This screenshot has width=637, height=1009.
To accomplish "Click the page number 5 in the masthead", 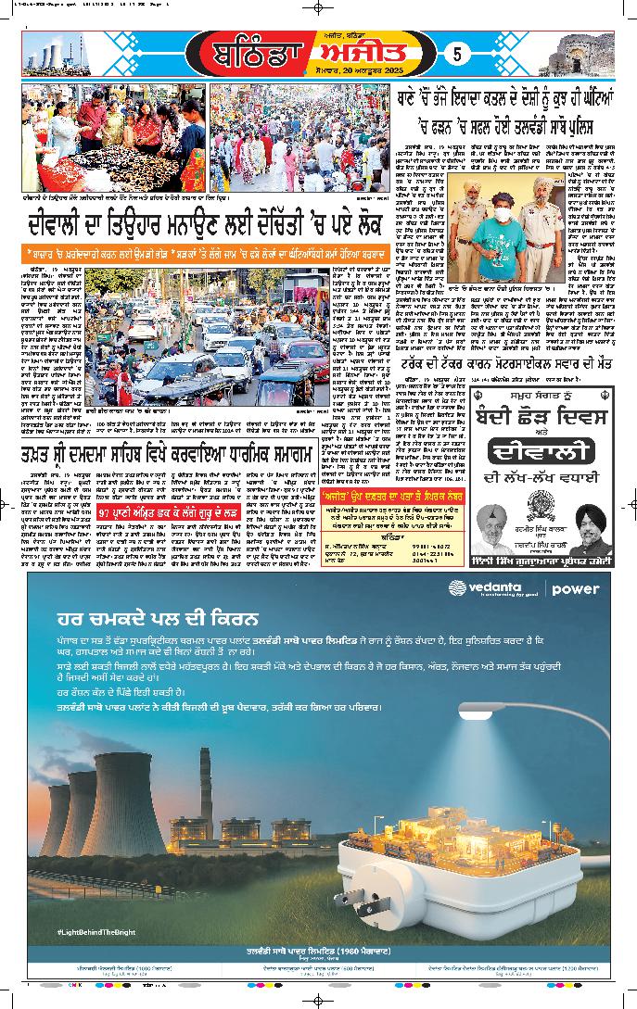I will tap(457, 54).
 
